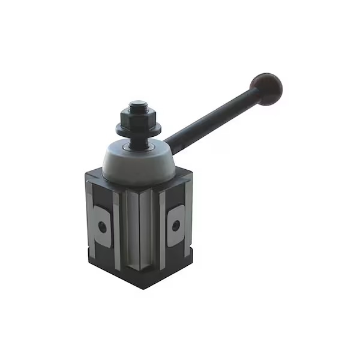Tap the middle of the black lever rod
213,118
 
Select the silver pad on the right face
175,225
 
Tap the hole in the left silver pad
103,227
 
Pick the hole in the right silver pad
175,226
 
